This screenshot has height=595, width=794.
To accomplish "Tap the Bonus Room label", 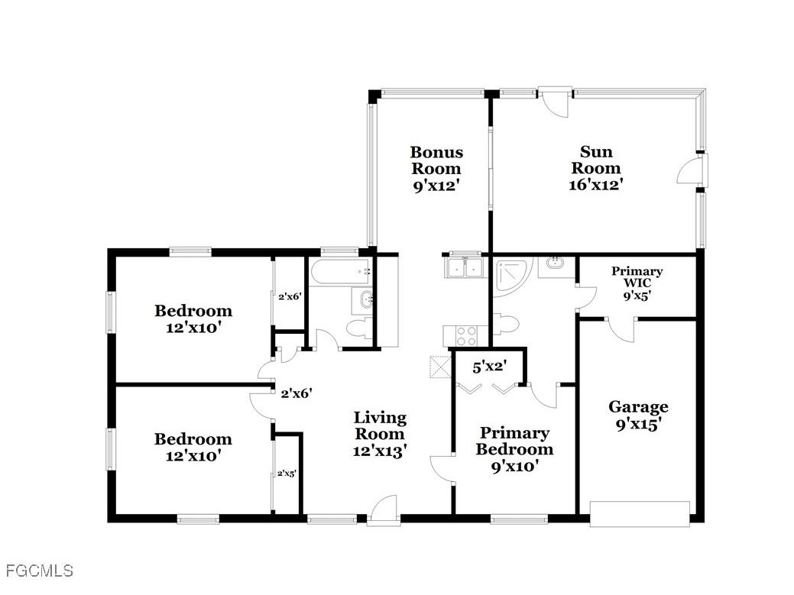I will (x=436, y=168).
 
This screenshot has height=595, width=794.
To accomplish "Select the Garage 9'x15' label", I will (x=638, y=416).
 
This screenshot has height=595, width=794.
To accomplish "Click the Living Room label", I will (x=380, y=434).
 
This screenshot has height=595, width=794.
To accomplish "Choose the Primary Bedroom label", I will (x=514, y=448).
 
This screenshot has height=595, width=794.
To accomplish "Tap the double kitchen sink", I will (x=463, y=267).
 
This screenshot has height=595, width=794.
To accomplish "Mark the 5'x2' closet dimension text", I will (x=490, y=367).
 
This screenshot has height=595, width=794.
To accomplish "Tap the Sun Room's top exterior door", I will (x=556, y=100).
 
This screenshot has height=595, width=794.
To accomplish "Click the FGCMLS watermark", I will (x=39, y=571).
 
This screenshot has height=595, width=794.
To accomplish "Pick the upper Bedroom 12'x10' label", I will (x=193, y=319).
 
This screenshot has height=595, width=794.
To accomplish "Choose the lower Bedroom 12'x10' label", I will (x=193, y=447).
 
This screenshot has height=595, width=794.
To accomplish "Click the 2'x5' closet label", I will (x=287, y=474).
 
